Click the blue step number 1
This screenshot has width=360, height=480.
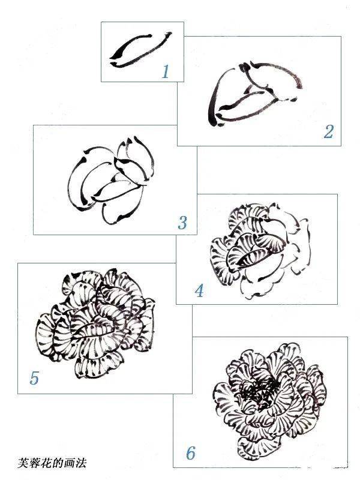coord(166,71)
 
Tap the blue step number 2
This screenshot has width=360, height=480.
coord(328,131)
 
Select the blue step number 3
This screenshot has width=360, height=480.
coord(182,223)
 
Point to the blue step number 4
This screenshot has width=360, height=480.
coord(199,290)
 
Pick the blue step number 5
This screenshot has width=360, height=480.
coord(34,378)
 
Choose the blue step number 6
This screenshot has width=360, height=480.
coord(191,454)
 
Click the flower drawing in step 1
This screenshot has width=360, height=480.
coord(140,50)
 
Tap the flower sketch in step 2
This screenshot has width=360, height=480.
coord(255,94)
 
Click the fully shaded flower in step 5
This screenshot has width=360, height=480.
coord(95,324)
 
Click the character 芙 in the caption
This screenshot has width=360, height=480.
coord(23,463)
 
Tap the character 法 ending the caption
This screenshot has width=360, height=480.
coord(81,463)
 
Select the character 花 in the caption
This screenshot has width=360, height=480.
coord(47,463)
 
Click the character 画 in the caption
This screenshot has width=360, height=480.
coord(70,463)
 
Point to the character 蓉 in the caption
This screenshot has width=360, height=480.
coord(35,463)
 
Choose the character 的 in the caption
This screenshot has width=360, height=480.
coord(58,463)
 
